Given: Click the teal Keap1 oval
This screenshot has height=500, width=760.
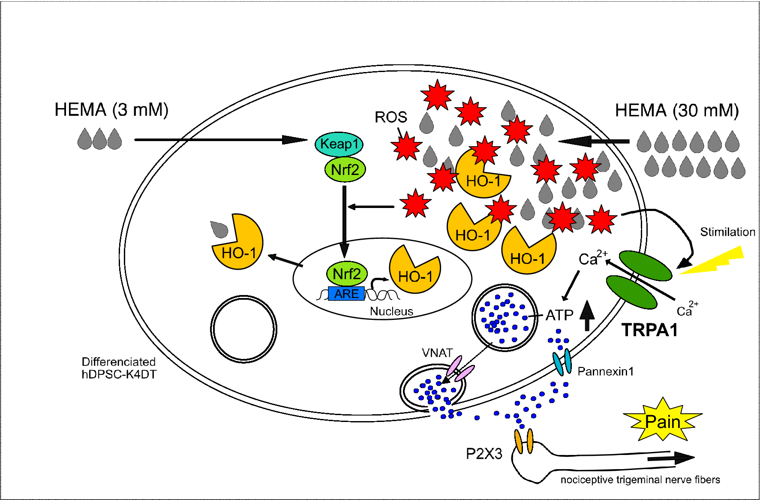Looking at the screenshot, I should tap(339, 144).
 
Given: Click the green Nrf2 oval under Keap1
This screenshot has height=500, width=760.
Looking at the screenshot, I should tap(345, 170).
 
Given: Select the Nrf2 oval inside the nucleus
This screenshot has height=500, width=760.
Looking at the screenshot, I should tap(347, 274).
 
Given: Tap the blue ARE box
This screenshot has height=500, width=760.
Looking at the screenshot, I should tap(346, 294).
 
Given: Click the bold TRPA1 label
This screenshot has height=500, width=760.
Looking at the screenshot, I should tap(650, 330).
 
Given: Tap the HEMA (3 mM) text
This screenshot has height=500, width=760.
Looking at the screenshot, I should tap(111, 110).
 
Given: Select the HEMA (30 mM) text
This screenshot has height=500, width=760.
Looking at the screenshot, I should tap(677, 111).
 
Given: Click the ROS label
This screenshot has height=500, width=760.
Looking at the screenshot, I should tap(391, 117).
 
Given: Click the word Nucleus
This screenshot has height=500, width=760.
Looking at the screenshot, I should tap(391, 311).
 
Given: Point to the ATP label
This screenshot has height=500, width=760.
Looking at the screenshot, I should tap(559, 315).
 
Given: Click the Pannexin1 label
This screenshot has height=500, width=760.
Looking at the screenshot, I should tap(605, 371).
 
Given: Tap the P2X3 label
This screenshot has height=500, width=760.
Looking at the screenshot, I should tap(484, 454).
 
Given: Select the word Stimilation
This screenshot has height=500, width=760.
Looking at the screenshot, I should tap(727, 232).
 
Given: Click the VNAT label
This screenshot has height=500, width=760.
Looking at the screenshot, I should tap(437, 353).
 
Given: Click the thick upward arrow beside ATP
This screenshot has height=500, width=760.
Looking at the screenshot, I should tap(587, 316).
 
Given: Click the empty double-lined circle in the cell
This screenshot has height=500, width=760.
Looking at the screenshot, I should tap(243, 329).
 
